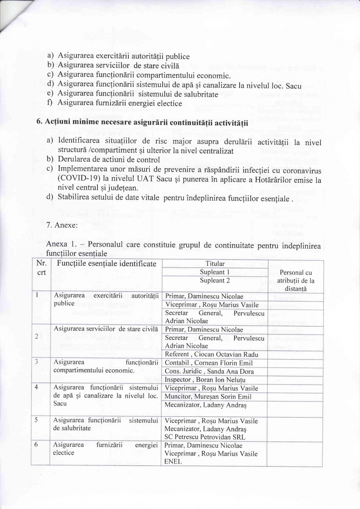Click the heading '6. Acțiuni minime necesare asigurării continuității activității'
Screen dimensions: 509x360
click(142, 123)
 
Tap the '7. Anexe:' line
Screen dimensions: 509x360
click(62, 225)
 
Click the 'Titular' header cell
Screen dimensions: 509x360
click(215, 264)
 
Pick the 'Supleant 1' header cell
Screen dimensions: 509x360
click(215, 272)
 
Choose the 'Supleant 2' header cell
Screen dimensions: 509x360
click(215, 281)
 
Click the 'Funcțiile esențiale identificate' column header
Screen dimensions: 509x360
click(106, 264)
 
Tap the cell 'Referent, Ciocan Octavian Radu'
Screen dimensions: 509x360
click(211, 354)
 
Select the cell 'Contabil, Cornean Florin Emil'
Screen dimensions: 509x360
click(208, 363)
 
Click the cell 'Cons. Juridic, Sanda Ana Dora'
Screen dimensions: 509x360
click(209, 372)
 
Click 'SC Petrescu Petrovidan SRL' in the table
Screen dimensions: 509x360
click(205, 437)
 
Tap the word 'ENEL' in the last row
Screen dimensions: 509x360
click(173, 462)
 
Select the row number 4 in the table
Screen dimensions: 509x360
click(36, 387)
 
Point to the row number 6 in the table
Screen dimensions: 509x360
click(36, 445)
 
